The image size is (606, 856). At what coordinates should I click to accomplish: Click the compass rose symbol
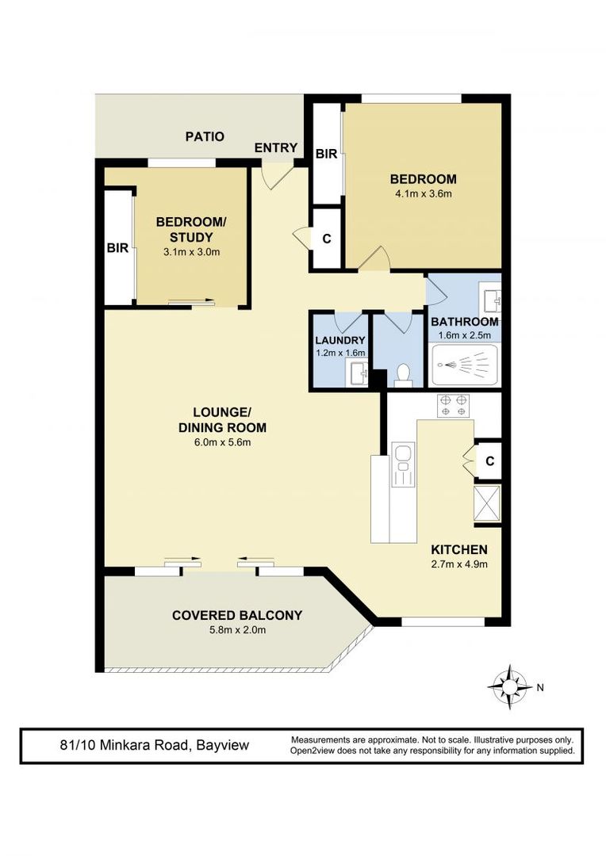pos(509,686)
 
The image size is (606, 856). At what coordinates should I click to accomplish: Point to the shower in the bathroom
pos(465,364)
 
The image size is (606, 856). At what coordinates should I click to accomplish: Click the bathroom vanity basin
pos(490,297)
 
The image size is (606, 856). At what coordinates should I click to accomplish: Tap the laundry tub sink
pos(359,374)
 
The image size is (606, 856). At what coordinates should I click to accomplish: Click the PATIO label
pos(205,136)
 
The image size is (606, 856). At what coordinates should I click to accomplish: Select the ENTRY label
pos(276,147)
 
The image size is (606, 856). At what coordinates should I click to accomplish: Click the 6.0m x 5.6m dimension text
pos(222,442)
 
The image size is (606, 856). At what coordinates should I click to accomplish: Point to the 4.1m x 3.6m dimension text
pos(424,193)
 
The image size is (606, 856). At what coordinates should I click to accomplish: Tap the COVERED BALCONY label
pos(237,615)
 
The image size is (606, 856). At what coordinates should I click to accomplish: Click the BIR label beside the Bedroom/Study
pos(117,248)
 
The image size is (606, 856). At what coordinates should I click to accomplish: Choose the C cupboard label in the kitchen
pos(490,461)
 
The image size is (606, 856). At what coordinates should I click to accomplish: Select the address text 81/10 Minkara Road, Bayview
pos(155,745)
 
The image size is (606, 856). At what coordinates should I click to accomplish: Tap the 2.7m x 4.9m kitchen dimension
pos(459,564)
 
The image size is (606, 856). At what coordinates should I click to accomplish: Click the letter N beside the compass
pos(540,688)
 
